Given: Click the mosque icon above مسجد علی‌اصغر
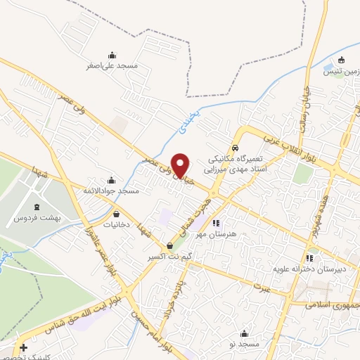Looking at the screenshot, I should (111, 55).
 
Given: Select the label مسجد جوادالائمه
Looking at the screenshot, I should (111, 191).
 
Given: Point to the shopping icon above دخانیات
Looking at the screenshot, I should (115, 214).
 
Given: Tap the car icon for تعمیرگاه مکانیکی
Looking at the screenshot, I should (235, 148).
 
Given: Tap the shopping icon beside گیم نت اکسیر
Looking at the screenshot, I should (170, 246).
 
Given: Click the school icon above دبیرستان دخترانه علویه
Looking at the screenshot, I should (309, 258).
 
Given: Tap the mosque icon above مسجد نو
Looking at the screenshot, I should (244, 333).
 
